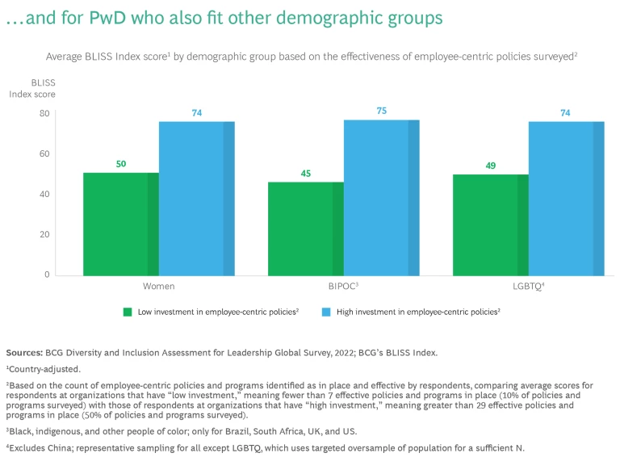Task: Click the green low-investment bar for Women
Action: point(121,224)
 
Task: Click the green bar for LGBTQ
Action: point(490,224)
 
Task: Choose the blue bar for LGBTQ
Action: point(566,198)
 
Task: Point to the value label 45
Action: point(306,173)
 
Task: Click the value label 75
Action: point(381,111)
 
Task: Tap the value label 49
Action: point(490,166)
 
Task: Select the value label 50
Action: point(121,164)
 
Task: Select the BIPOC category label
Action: point(342,286)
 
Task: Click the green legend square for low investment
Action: point(128,312)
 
